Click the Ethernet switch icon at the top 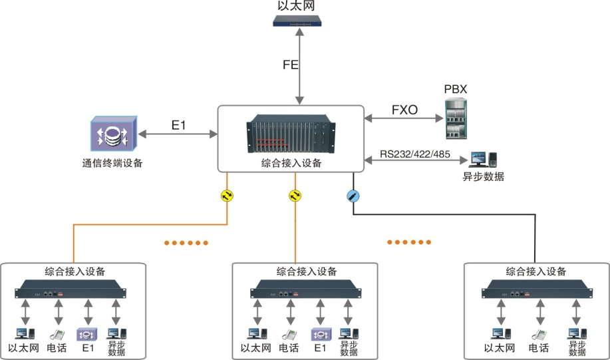coord(297,21)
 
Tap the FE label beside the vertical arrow coord(291,65)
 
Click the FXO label coord(404,110)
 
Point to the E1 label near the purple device coord(179,124)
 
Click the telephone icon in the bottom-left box coord(57,334)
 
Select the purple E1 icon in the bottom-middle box coord(320,334)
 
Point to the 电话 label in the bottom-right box coord(539,348)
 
